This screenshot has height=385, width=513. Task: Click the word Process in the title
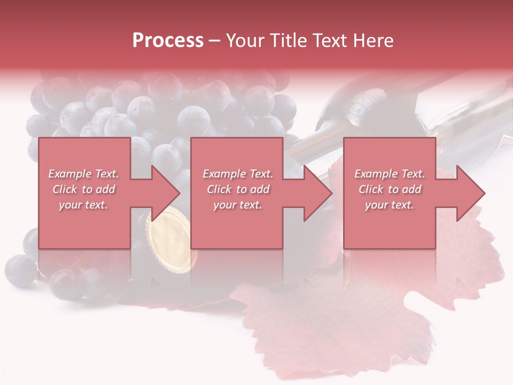168,41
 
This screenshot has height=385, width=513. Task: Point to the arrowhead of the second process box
318,193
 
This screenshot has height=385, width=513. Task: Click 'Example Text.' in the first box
83,174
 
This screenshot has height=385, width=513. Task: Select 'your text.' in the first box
83,205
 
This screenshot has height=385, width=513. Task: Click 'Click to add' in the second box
238,189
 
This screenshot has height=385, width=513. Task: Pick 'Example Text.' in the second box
238,174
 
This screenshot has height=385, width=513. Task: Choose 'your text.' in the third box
390,205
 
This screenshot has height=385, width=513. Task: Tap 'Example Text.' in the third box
390,174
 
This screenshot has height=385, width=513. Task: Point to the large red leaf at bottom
331,326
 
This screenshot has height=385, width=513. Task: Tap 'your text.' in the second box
238,205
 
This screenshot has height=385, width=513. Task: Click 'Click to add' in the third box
390,189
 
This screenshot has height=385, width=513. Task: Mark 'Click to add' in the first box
83,189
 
